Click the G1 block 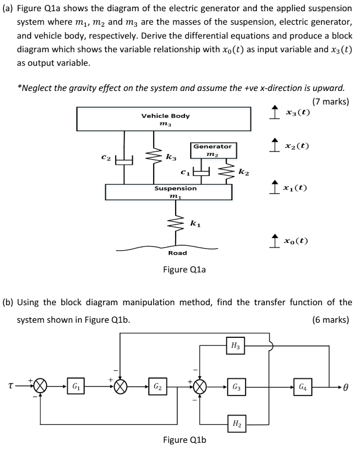[x=76, y=387]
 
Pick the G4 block [x=303, y=387]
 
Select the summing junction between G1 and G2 [x=122, y=387]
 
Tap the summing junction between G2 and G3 [x=199, y=387]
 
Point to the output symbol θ [x=346, y=388]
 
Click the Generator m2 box [x=213, y=150]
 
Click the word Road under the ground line [x=178, y=253]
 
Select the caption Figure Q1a [x=184, y=269]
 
